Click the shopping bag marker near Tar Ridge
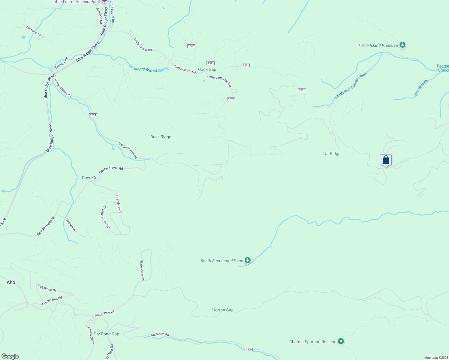386,160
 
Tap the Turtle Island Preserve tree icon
402,45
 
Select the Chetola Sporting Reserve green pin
341,341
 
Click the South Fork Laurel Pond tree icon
247,260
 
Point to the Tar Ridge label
331,154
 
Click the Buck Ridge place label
161,137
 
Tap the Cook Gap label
207,69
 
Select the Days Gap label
91,178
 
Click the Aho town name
11,282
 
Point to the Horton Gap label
223,310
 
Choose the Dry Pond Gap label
106,334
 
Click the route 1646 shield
191,46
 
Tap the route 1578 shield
231,99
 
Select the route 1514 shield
93,115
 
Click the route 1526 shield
249,349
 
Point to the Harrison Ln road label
34,31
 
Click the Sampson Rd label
160,334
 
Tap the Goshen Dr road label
71,225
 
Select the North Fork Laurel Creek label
351,85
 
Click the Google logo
10,356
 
